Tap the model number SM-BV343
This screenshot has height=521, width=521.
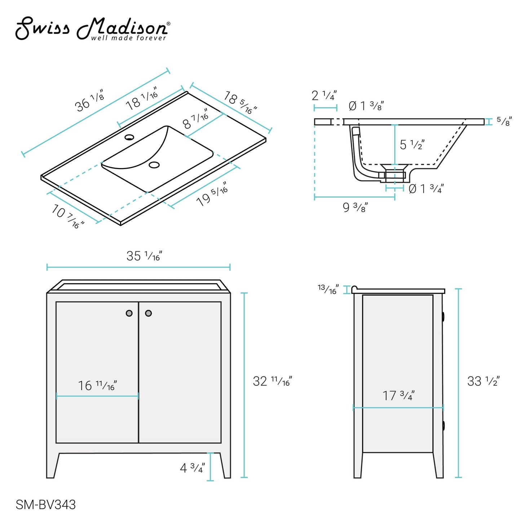45,504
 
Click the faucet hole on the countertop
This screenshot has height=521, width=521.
129,137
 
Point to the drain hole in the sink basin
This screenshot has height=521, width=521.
154,165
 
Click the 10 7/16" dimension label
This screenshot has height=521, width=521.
68,216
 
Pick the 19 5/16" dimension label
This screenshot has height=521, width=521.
212,195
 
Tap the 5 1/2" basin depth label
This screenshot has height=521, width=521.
412,145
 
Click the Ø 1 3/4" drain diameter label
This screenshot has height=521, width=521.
426,189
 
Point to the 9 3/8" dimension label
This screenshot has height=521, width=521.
355,207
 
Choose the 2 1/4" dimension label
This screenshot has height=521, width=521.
324,96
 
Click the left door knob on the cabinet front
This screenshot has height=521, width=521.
129,313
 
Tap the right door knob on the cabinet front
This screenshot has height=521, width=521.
148,313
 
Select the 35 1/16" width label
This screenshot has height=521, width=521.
144,256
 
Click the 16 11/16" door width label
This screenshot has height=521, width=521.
98,385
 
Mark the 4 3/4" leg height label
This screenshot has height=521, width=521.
192,468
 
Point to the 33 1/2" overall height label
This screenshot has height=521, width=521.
483,381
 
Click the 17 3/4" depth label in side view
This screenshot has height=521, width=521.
398,396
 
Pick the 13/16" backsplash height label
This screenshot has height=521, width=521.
328,289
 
